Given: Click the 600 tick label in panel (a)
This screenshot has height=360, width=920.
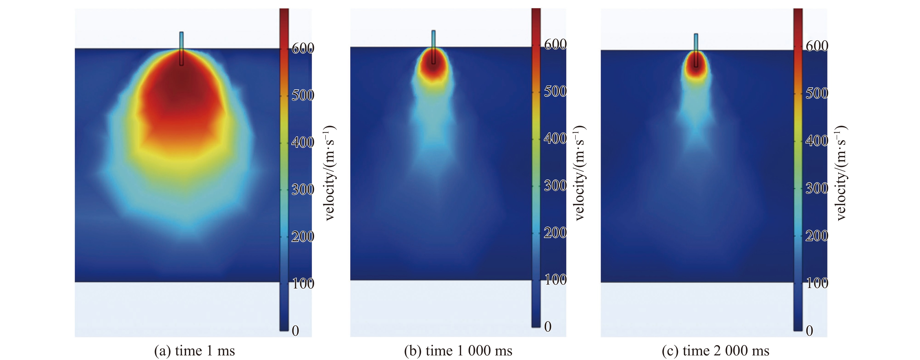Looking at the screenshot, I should pyautogui.click(x=302, y=48).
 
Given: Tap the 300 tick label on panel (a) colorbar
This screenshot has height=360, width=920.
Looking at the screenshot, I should pyautogui.click(x=302, y=189).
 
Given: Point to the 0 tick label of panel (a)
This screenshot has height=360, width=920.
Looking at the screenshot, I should pyautogui.click(x=295, y=331).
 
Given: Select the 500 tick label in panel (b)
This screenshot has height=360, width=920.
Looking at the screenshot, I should pyautogui.click(x=555, y=91).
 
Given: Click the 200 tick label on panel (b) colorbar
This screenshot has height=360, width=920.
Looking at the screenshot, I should pyautogui.click(x=555, y=233).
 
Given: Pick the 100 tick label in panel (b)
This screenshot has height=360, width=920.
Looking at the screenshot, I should pyautogui.click(x=555, y=280).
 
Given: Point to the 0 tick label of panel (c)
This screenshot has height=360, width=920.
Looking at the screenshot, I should pyautogui.click(x=810, y=331).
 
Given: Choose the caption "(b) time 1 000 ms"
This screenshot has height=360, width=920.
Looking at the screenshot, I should pyautogui.click(x=458, y=351).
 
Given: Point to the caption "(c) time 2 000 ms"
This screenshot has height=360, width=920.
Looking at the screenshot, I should pyautogui.click(x=715, y=351).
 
